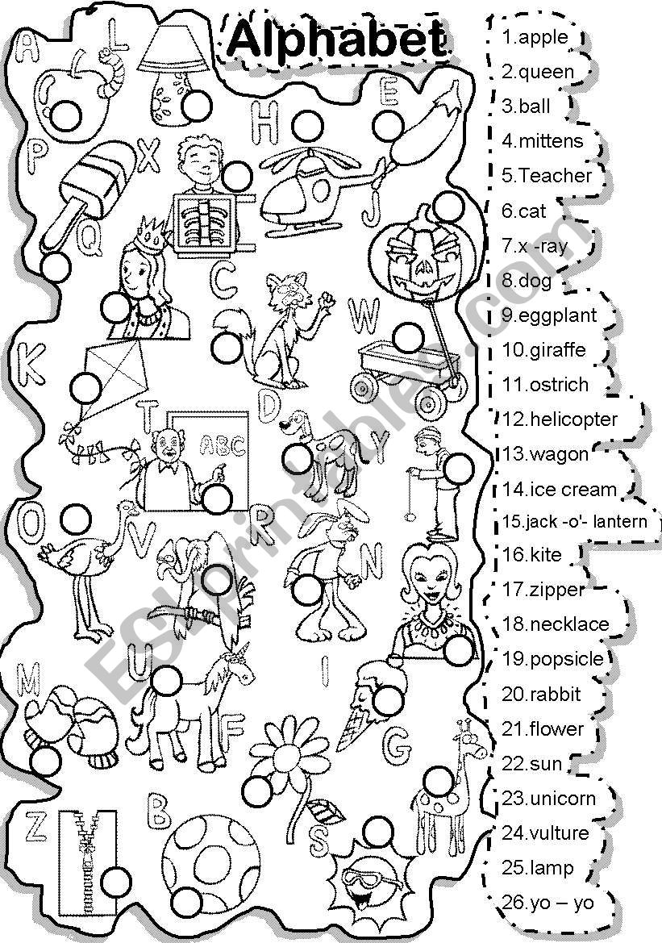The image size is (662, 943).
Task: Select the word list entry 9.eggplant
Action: (549, 315)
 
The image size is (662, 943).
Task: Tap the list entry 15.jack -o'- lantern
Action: (574, 521)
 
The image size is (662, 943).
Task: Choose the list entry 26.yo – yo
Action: (548, 902)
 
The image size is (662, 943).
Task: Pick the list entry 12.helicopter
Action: (559, 419)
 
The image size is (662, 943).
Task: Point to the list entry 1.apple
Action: (535, 37)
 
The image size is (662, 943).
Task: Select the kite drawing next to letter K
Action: (113, 375)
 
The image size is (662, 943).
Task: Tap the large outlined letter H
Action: (267, 123)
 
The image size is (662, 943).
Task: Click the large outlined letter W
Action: (363, 318)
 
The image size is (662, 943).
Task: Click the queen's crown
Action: (148, 232)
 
